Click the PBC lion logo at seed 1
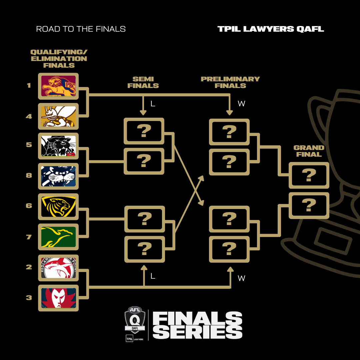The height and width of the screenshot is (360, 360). click(x=58, y=86)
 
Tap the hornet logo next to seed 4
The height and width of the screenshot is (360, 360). click(x=58, y=116)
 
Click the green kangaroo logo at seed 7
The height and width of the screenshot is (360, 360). click(x=58, y=237)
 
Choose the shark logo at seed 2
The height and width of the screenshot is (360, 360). click(x=58, y=268)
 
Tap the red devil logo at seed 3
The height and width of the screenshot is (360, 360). click(x=58, y=298)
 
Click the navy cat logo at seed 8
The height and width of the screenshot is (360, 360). click(x=58, y=176)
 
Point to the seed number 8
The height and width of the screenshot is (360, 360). click(x=29, y=175)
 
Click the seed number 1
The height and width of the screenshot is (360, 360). click(x=29, y=85)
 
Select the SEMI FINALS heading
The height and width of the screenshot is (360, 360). click(x=143, y=82)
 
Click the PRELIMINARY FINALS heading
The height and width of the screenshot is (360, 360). click(x=230, y=82)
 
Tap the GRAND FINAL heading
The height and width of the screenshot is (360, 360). click(x=309, y=151)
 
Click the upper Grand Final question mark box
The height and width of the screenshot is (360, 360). click(x=309, y=175)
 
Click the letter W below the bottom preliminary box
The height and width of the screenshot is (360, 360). click(x=241, y=278)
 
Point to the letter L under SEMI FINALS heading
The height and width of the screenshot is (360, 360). click(x=153, y=104)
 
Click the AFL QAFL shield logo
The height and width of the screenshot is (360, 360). click(x=135, y=322)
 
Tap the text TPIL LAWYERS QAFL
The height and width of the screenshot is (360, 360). click(x=271, y=29)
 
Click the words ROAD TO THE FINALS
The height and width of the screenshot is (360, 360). click(x=81, y=29)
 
